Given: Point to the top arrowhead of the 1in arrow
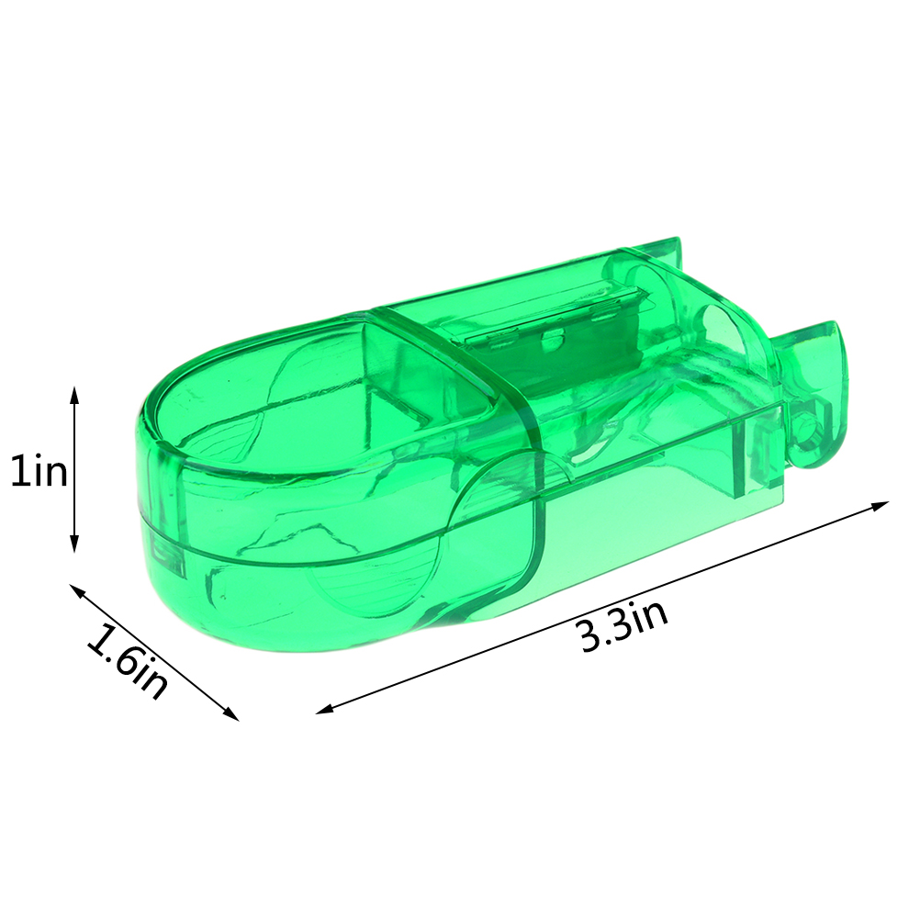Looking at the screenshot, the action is click(x=74, y=395).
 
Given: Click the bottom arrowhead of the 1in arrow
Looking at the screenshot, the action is click(x=74, y=544).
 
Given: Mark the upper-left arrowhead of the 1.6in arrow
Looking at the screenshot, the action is click(x=77, y=590).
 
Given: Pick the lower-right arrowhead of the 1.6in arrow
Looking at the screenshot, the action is click(x=231, y=713).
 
